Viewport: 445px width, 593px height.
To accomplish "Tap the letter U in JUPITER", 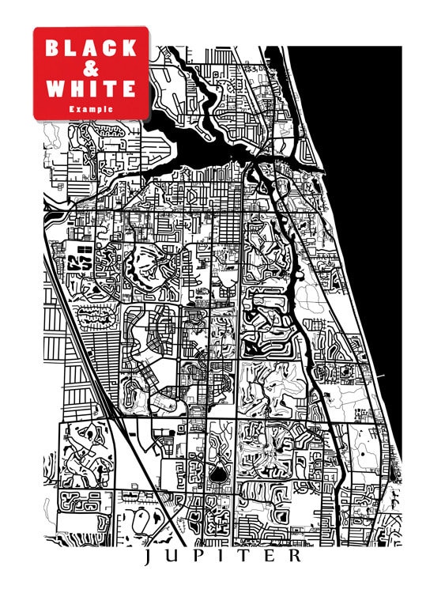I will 174,557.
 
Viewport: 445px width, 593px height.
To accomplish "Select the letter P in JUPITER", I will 199,557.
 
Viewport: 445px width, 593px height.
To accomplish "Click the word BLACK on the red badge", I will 91,48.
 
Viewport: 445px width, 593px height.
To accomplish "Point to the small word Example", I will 90,108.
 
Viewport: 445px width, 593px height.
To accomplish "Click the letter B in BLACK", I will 52,48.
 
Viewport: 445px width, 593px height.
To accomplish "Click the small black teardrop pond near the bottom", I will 216,473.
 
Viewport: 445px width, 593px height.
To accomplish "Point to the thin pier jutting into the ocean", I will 383,376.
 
